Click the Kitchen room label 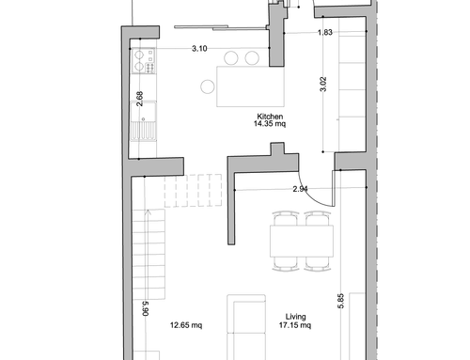pyautogui.click(x=270, y=117)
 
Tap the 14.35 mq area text pyautogui.click(x=270, y=124)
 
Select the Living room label pyautogui.click(x=295, y=317)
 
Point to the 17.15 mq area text pyautogui.click(x=295, y=325)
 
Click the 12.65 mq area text pyautogui.click(x=186, y=325)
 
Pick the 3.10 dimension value pyautogui.click(x=199, y=49)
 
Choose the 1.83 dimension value pyautogui.click(x=325, y=32)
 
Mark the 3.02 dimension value pyautogui.click(x=323, y=84)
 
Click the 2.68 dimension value pyautogui.click(x=140, y=99)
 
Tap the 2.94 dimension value pyautogui.click(x=300, y=189)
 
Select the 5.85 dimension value pyautogui.click(x=341, y=301)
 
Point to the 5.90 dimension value pyautogui.click(x=146, y=308)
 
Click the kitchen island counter pyautogui.click(x=250, y=86)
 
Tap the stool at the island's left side pyautogui.click(x=208, y=86)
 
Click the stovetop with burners pyautogui.click(x=144, y=61)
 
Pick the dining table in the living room pyautogui.click(x=302, y=242)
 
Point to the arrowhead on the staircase pyautogui.click(x=148, y=212)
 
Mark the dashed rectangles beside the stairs pyautogui.click(x=193, y=191)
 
